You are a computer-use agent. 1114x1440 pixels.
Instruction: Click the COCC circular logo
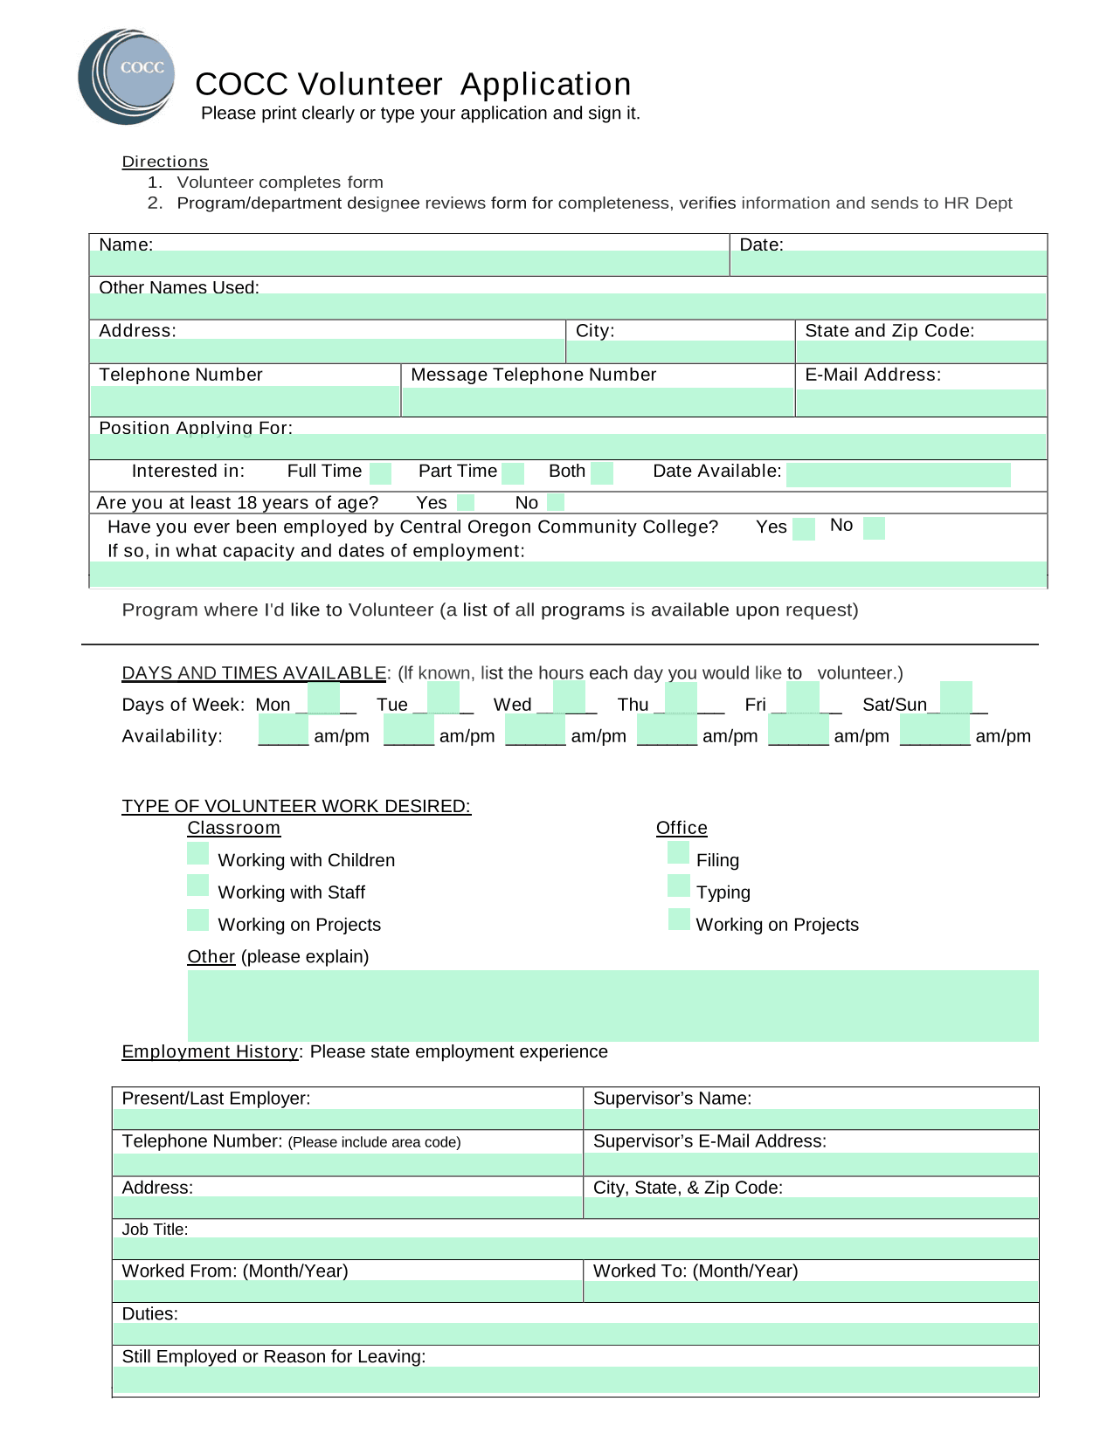(x=127, y=77)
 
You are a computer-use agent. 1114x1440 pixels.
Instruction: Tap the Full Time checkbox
(x=380, y=473)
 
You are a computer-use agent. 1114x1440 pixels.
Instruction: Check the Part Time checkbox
(x=513, y=473)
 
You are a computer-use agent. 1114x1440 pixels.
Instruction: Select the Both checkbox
(x=602, y=473)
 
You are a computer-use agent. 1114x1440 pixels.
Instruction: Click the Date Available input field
(x=897, y=475)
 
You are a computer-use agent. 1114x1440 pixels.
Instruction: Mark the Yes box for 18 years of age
(x=466, y=502)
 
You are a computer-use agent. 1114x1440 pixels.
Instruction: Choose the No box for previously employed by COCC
(x=874, y=527)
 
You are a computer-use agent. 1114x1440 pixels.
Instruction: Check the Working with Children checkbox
(x=198, y=853)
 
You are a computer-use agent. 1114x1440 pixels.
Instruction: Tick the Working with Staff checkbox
(x=198, y=885)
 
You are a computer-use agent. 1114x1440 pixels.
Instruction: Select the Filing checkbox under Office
(x=678, y=853)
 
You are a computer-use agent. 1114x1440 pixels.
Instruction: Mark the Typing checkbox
(x=678, y=885)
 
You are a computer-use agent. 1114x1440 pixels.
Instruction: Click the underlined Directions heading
(x=165, y=162)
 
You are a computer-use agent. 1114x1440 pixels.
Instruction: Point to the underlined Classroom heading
(x=233, y=828)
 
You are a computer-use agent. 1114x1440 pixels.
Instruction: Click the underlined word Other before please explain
(x=211, y=956)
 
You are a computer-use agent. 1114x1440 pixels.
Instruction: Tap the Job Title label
(x=155, y=1230)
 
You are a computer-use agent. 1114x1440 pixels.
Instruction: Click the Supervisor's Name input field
(x=810, y=1119)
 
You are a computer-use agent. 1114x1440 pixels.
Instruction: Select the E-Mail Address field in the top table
(x=921, y=403)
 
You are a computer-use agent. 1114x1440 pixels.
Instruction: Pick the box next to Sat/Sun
(x=956, y=699)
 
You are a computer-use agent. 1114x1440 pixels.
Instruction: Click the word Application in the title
(x=545, y=84)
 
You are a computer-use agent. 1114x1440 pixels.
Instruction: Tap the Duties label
(x=149, y=1313)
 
